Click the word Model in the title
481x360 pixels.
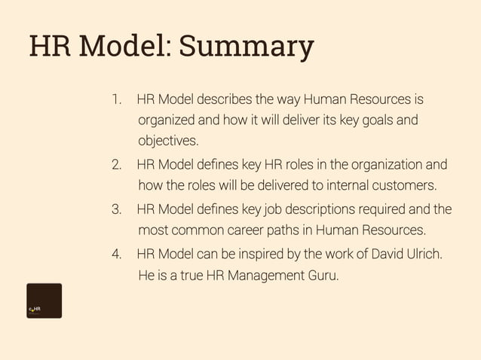tap(121, 47)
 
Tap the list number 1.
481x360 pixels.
tap(115, 99)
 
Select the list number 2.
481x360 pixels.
tap(116, 165)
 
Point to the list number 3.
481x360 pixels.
tap(116, 209)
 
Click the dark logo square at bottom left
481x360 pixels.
tap(44, 301)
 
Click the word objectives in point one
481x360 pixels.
tap(167, 141)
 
